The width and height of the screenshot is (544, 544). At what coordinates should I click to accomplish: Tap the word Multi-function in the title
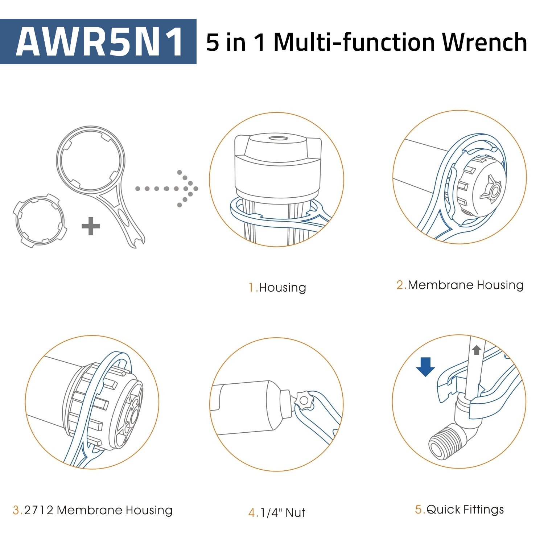coord(354,42)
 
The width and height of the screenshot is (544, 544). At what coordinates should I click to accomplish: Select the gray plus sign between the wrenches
coord(91,226)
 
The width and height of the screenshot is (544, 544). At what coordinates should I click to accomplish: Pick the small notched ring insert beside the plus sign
coord(40,221)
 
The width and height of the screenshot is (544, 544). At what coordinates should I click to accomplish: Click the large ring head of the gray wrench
coord(90,160)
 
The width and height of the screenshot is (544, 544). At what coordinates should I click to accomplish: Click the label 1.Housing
coord(277,288)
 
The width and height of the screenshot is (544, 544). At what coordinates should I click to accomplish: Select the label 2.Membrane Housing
coord(460,285)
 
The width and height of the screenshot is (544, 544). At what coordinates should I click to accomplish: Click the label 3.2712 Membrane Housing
coord(92,510)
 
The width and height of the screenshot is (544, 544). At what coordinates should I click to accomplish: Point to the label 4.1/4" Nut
coord(277,513)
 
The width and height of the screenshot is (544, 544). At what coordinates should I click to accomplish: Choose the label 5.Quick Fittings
coord(459,510)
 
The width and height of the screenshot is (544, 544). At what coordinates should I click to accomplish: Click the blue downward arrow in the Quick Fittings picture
coord(425,367)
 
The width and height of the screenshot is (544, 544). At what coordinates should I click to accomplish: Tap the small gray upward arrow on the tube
coord(476,350)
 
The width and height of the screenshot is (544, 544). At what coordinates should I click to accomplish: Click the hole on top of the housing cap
coord(278,139)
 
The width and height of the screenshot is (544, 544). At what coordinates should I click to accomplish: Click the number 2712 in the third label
coord(39,510)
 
